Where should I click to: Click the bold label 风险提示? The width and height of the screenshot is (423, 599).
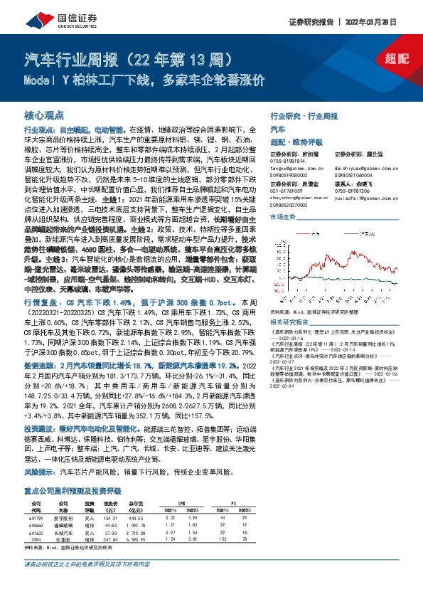pyautogui.click(x=40, y=472)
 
